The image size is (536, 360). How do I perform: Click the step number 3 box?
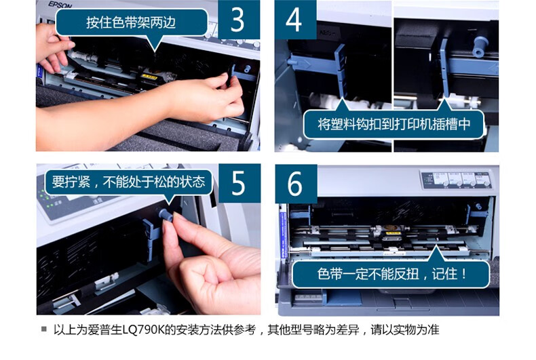pos(239,20)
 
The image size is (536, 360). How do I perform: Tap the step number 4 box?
pos(295,20)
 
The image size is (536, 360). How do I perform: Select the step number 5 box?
pos(239,184)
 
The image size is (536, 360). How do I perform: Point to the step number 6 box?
pos(296,184)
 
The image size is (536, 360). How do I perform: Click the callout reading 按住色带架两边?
pos(131,22)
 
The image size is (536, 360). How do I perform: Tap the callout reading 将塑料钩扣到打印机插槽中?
pos(394,124)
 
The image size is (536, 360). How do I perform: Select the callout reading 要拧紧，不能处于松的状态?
pos(128,182)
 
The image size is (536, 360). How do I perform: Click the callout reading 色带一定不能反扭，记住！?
pos(391,275)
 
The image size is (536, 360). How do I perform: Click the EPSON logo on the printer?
pos(60,5)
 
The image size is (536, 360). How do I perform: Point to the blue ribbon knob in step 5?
pos(166,215)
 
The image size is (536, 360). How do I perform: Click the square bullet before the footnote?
pos(43,329)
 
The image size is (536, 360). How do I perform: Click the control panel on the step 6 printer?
pos(457,179)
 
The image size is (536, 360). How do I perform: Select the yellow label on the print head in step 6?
pos(393,234)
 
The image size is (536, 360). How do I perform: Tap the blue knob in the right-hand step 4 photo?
pos(480,47)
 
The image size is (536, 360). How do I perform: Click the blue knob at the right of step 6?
pos(478,206)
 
